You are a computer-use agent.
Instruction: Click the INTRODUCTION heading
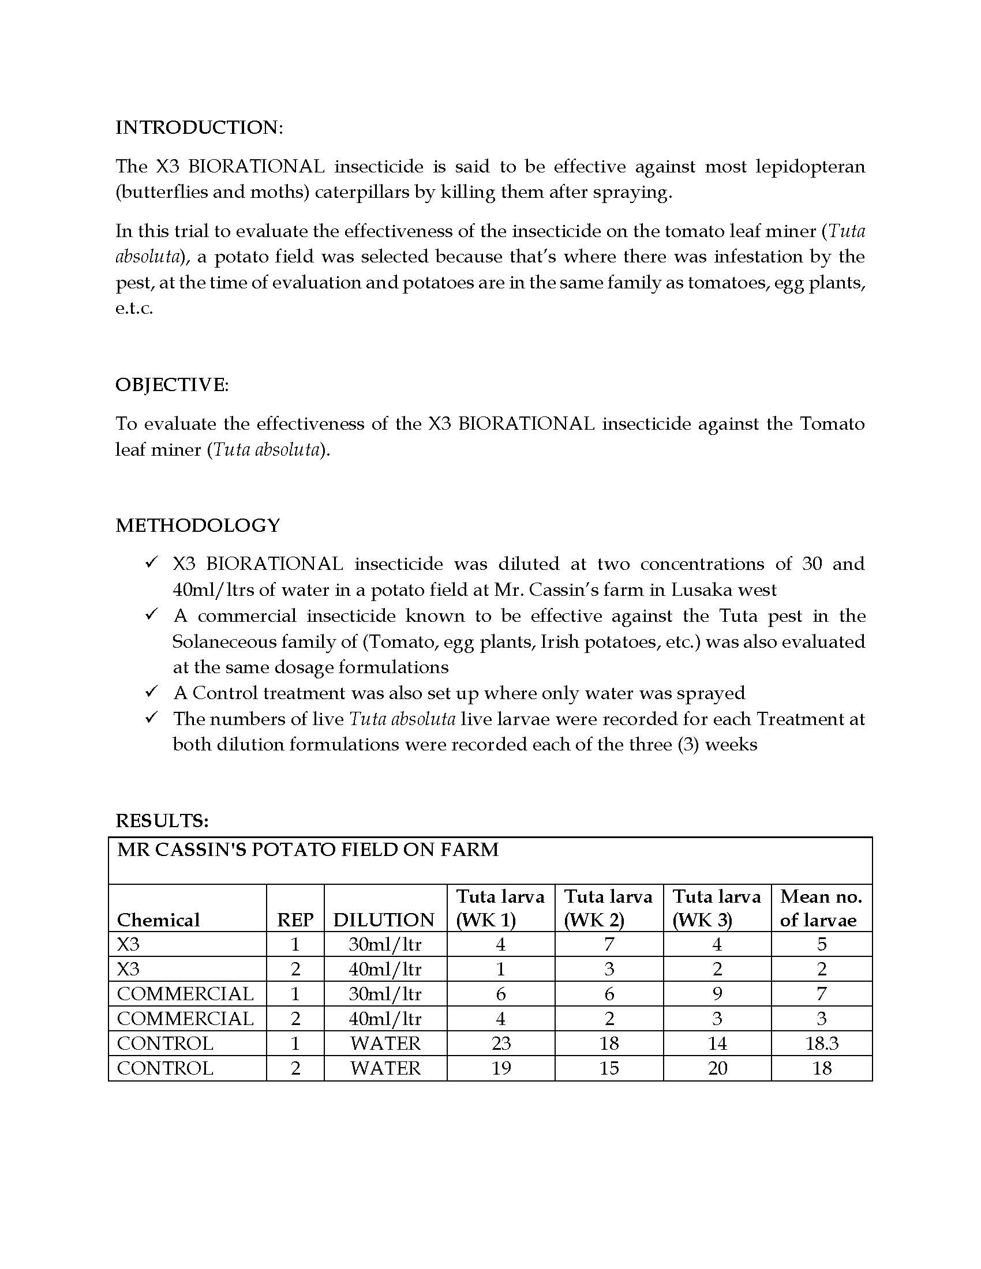coord(199,127)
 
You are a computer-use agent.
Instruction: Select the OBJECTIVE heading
coord(172,385)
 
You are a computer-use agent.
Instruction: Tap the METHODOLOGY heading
coord(197,525)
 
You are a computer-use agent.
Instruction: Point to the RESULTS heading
coord(162,820)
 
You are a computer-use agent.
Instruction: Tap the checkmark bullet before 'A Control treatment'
coord(152,692)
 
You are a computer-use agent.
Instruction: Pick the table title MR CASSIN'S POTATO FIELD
coord(308,850)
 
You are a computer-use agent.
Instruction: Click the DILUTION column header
coord(384,920)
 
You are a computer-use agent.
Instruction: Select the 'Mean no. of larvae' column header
coord(821,908)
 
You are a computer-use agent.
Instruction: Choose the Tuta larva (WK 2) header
coord(608,908)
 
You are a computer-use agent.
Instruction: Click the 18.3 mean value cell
coord(822,1043)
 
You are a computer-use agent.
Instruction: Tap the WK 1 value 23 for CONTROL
coord(501,1043)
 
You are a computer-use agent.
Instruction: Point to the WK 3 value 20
coord(717,1068)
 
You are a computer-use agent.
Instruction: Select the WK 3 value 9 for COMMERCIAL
coord(717,994)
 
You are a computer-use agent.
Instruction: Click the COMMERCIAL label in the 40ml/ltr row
coord(185,1019)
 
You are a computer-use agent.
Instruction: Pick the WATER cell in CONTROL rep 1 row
coord(385,1043)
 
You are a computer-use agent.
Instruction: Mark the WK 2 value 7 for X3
coord(608,944)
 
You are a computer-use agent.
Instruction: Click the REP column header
coord(295,920)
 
